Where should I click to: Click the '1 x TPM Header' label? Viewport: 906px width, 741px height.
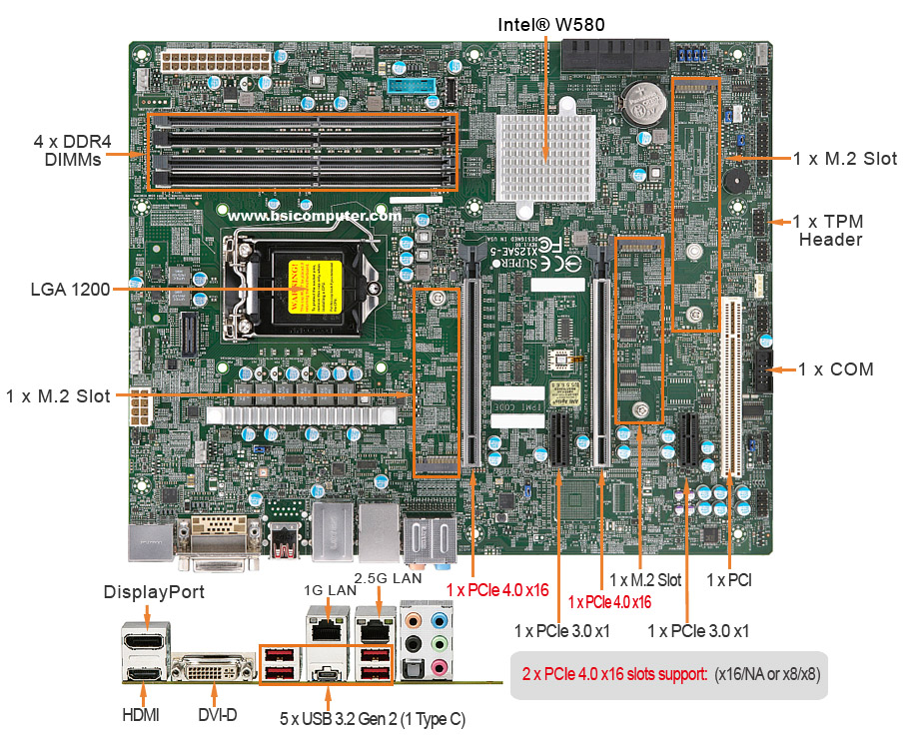pos(830,230)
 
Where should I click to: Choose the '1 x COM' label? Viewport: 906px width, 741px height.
pos(836,370)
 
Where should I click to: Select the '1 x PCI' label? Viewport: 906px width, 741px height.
pos(729,579)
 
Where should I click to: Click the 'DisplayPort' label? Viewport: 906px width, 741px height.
pos(155,592)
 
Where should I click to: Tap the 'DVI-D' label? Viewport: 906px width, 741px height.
pos(216,715)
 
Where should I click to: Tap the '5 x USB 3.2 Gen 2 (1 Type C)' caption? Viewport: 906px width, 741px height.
pos(372,717)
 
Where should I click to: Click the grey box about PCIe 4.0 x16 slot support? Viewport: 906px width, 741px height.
pos(669,675)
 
